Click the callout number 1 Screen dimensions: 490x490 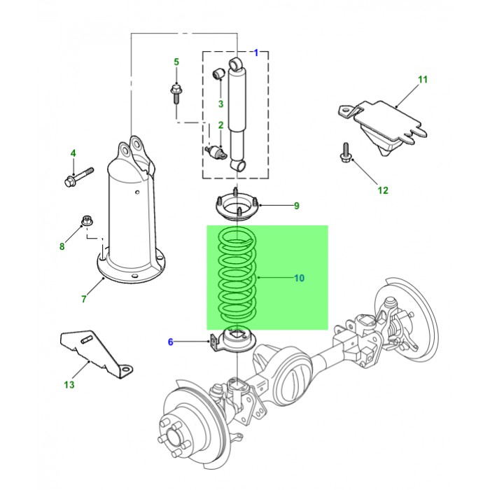click(256, 52)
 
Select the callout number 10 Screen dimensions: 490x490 click(299, 278)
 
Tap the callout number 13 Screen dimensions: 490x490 click(68, 385)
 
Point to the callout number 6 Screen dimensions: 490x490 click(169, 342)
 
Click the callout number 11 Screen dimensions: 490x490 click(422, 79)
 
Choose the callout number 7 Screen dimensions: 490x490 click(83, 299)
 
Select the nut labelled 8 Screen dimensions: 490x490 click(87, 221)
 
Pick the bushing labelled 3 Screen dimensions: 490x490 click(218, 71)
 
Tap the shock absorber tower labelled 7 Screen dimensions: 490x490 click(131, 217)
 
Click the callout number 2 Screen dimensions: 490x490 click(220, 125)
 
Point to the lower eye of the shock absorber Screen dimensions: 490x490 click(240, 166)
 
